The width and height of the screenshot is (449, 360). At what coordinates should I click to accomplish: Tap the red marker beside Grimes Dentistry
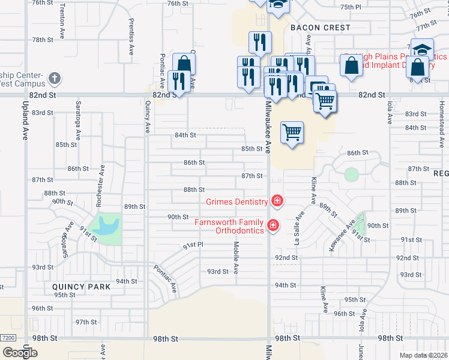[x=277, y=200]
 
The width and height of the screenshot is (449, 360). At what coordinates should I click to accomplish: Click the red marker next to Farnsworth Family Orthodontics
[x=273, y=226]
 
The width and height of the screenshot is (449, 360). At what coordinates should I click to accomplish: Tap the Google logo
[x=20, y=352]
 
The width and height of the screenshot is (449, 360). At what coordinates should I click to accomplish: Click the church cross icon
[x=54, y=78]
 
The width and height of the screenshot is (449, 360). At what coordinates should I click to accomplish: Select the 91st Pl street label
[x=193, y=245]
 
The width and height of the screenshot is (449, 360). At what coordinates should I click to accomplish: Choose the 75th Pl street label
[x=351, y=7]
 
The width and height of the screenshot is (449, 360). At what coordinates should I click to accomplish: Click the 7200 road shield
[x=7, y=338]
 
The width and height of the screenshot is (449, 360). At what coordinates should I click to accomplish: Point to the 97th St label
[x=86, y=322]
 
